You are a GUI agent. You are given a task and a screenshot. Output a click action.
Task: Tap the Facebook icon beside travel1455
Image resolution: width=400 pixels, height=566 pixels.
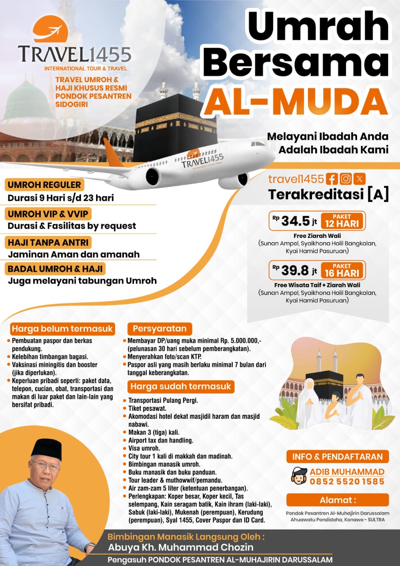331,179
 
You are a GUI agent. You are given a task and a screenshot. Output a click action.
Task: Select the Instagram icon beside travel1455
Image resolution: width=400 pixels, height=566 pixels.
346,179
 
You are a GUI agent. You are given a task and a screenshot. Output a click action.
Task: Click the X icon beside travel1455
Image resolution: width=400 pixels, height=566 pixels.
360,179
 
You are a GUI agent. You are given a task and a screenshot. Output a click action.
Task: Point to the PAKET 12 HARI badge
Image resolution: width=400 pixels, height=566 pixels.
343,220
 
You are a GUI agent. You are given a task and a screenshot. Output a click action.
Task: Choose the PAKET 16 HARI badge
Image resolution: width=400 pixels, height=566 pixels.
343,270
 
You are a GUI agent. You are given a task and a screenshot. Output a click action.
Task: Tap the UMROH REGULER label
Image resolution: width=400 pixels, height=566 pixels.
44,185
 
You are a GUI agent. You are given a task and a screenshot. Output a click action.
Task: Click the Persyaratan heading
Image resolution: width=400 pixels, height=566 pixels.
160,329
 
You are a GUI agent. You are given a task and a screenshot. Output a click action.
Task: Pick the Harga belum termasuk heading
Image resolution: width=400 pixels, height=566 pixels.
62,329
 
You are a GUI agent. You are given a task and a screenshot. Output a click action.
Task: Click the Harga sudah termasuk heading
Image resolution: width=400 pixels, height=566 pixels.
181,386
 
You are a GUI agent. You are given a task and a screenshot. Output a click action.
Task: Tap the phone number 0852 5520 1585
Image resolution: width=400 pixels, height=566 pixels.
346,482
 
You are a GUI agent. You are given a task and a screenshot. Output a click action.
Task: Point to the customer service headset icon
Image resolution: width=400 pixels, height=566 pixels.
299,476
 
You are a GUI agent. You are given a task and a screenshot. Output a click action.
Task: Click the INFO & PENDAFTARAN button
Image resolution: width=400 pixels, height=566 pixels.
337,456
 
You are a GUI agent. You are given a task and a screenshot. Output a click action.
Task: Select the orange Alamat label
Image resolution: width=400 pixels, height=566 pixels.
337,500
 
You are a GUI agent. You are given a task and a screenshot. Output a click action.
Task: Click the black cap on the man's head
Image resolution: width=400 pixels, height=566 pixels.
46,447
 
